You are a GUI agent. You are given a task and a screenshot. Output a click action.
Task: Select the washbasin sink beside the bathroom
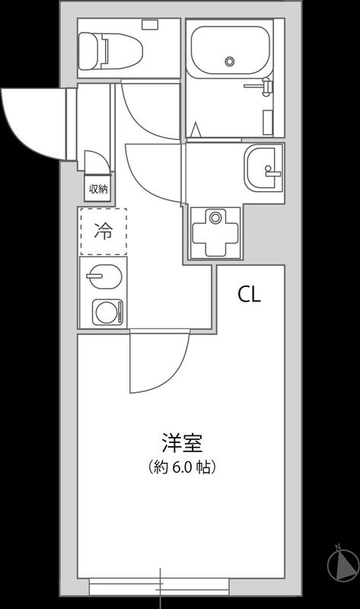click(x=263, y=168)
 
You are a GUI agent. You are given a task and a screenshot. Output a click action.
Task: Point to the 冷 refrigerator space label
click(x=102, y=231)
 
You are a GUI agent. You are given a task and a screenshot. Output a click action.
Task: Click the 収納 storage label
click(x=97, y=189)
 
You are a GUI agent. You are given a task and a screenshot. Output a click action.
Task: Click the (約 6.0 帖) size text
click(x=182, y=467)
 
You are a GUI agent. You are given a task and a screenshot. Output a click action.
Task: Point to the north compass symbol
click(x=342, y=565)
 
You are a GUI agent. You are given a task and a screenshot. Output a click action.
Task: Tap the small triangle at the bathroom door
click(x=196, y=132)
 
